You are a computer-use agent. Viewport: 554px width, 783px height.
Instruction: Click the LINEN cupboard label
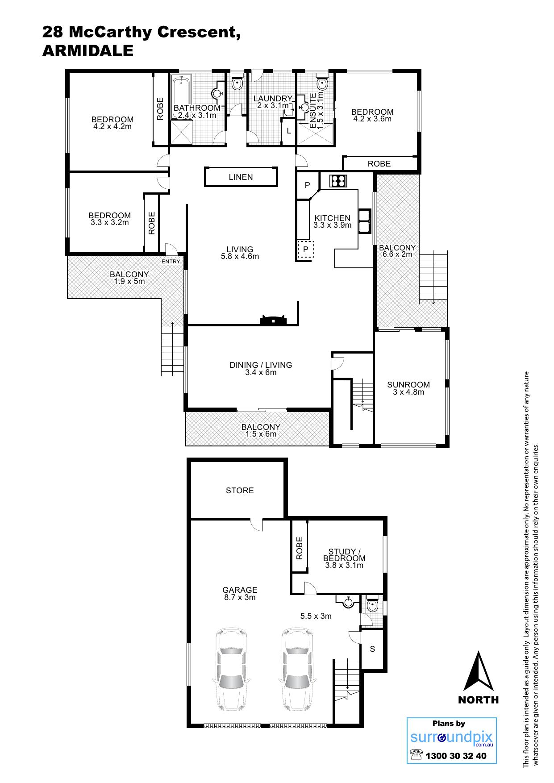pyautogui.click(x=241, y=177)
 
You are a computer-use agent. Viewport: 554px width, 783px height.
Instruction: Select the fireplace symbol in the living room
pyautogui.click(x=272, y=320)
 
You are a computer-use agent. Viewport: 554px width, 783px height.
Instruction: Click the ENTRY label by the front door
pyautogui.click(x=171, y=262)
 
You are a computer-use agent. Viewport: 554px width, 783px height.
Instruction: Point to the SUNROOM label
pyautogui.click(x=408, y=384)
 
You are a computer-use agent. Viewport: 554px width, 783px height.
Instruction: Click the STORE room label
pyautogui.click(x=240, y=491)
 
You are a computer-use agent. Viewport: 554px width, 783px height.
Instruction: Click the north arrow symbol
pyautogui.click(x=479, y=671)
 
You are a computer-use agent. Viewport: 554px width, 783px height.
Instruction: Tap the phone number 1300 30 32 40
pyautogui.click(x=456, y=756)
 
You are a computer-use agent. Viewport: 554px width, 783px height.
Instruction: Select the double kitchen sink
pyautogui.click(x=365, y=221)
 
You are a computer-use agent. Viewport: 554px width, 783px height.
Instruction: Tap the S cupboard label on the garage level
pyautogui.click(x=373, y=649)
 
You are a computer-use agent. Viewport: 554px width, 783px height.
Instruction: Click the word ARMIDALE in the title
pyautogui.click(x=88, y=51)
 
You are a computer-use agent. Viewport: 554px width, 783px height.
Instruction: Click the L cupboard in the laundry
pyautogui.click(x=289, y=131)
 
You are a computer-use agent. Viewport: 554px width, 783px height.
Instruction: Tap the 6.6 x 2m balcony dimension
pyautogui.click(x=397, y=254)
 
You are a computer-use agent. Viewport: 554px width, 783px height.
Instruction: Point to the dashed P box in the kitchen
pyautogui.click(x=306, y=250)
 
